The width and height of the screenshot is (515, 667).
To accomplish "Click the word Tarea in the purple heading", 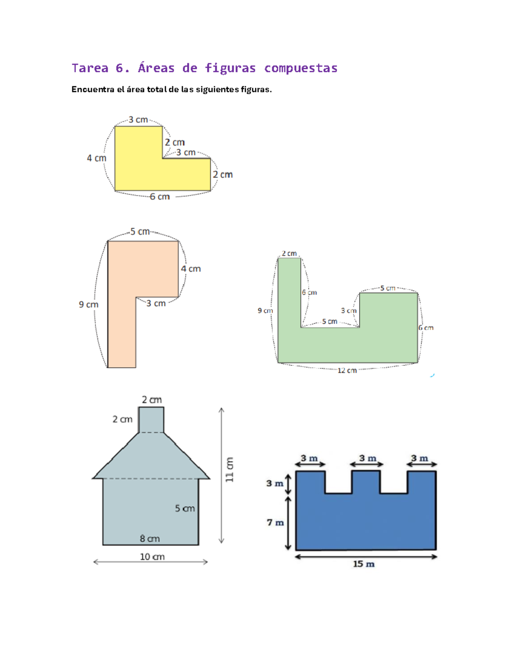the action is coord(90,68).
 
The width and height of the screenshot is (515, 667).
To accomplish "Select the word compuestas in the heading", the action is coord(300,68).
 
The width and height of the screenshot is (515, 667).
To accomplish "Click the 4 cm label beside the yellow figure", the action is coord(97,158).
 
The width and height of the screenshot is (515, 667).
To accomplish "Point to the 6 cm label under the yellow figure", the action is coord(160,197).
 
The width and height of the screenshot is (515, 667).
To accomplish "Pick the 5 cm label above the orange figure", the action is coord(140,231).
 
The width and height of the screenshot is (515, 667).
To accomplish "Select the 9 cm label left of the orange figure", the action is coord(89,305).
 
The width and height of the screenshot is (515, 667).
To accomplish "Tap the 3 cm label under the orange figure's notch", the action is coord(156,303).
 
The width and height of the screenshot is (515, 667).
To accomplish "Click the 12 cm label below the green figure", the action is coord(347,371).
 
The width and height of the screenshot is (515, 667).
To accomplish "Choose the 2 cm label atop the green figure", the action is coord(289,253).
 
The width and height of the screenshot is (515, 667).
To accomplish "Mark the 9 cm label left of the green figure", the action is coord(265,311).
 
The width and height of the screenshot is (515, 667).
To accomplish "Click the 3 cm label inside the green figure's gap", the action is coord(349,311).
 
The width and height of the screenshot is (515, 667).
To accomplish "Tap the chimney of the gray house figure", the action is coord(151,420).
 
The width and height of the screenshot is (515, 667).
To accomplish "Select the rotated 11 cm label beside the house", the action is coord(230,469).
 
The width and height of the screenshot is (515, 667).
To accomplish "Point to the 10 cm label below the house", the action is coord(152,557).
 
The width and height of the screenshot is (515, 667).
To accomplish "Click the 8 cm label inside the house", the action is coord(150,539).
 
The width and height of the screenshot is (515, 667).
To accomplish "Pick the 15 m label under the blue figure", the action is coord(364,564).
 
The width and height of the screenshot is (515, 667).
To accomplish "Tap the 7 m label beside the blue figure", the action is coord(275,522).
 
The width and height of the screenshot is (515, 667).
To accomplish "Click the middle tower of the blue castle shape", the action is coord(366,482).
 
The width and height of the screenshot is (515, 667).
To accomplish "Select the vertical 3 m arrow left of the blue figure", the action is coord(288,484).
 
